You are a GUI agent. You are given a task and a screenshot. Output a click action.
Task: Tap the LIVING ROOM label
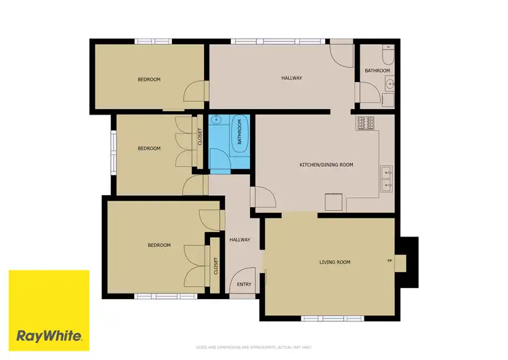click(x=335, y=262)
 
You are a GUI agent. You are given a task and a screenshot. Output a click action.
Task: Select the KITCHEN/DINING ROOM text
click(x=326, y=165)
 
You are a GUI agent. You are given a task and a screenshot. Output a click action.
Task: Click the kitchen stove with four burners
click(x=366, y=123)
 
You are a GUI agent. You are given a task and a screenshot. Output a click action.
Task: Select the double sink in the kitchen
click(x=387, y=178)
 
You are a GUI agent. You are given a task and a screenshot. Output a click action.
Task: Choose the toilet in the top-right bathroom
click(x=387, y=50)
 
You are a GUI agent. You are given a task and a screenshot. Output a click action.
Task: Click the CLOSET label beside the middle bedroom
click(x=200, y=137)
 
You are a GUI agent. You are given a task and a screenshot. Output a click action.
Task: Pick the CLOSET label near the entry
click(x=216, y=265)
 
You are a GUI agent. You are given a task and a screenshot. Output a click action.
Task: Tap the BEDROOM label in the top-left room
click(x=149, y=79)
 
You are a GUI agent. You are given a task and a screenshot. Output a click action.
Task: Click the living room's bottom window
click(x=323, y=318)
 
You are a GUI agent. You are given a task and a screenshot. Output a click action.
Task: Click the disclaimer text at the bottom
click(x=254, y=346)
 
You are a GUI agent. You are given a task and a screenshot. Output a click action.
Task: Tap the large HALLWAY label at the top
click(x=291, y=78)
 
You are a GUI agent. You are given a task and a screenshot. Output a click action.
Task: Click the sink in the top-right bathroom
click(x=388, y=85)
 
